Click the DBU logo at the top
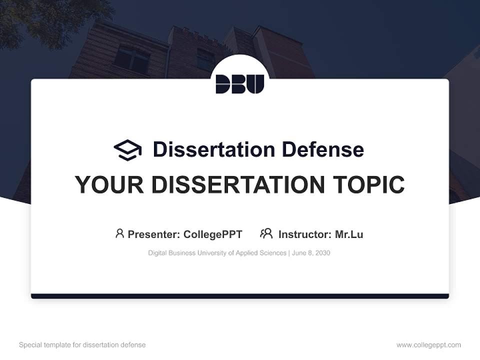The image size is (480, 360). [240, 83]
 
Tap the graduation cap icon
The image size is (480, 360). [127, 150]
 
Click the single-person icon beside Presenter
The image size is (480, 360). [119, 233]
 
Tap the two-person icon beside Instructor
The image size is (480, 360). [266, 233]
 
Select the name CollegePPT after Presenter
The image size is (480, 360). [213, 234]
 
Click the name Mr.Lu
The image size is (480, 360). [349, 234]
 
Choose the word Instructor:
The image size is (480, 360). [305, 234]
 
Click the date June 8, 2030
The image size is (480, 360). [310, 253]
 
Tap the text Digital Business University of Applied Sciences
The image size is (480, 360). [217, 253]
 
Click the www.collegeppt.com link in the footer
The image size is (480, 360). [428, 345]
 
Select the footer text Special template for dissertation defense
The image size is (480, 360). [82, 345]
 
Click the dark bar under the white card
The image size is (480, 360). [240, 296]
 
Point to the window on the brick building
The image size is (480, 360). [131, 59]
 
